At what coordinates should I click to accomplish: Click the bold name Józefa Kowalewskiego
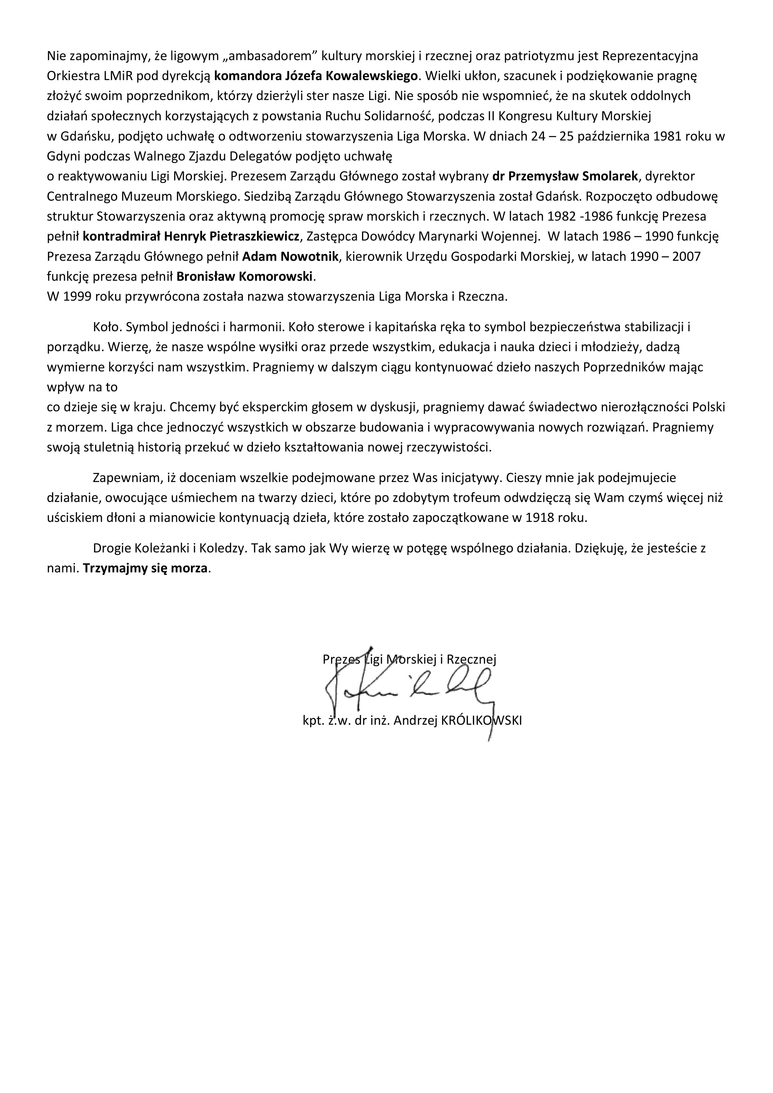[346, 76]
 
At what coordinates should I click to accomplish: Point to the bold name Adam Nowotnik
[290, 257]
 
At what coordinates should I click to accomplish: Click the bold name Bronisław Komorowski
[246, 277]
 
